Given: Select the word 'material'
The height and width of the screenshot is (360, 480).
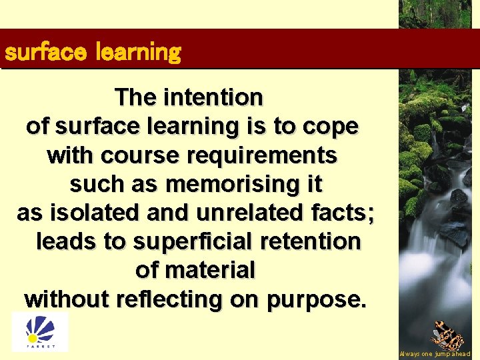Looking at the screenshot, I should coord(210,270).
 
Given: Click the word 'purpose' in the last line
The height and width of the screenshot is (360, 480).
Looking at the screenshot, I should coord(317,300).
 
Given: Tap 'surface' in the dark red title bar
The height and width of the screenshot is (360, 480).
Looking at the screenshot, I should coord(45,52).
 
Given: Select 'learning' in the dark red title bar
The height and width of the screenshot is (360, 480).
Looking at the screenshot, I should coord(139,52).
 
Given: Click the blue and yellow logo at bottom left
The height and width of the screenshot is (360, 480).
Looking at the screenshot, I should coord(40,331).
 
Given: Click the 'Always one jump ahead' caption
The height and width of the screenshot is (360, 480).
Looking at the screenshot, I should coord(435,354).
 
